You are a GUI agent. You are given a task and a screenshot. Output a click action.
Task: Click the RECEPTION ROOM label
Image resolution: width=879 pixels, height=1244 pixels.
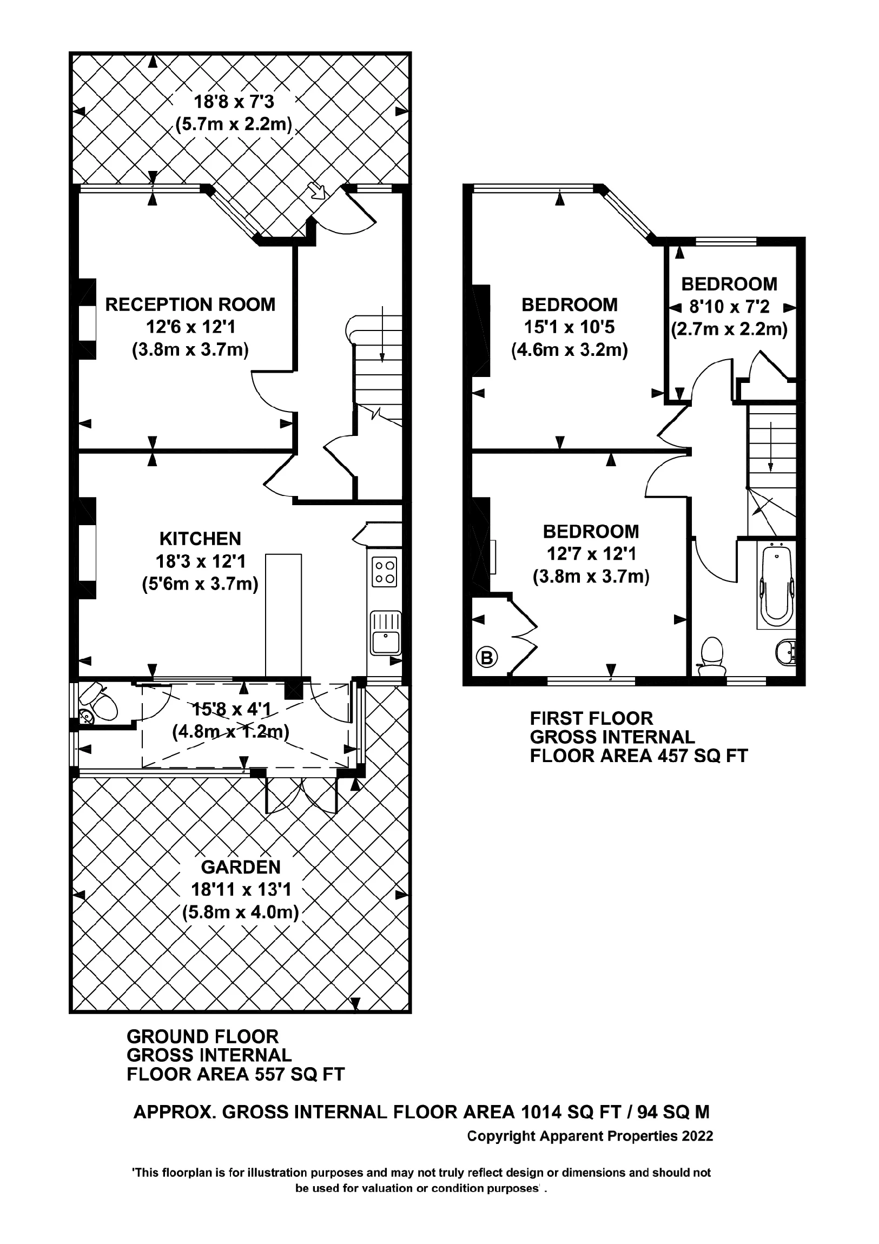190,305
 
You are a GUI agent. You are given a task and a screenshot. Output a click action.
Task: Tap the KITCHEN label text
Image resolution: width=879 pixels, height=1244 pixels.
200,539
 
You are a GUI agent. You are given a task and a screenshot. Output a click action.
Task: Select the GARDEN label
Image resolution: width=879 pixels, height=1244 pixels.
241,868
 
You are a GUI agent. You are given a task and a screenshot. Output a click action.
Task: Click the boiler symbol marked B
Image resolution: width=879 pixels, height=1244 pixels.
487,658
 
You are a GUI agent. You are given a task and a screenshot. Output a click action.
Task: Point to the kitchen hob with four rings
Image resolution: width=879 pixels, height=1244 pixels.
384,572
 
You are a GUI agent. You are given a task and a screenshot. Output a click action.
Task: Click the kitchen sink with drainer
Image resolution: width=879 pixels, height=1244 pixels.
385,633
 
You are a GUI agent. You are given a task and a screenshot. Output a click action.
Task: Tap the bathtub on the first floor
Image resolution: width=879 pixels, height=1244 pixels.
777,587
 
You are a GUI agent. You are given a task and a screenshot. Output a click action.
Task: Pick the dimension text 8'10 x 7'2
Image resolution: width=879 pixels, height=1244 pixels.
729,307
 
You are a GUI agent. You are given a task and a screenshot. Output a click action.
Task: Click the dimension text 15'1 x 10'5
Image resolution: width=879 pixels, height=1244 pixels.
569,327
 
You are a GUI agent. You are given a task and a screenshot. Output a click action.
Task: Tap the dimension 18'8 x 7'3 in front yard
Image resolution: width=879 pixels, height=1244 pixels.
234,101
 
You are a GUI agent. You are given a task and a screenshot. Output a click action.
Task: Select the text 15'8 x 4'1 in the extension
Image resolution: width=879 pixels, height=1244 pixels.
232,709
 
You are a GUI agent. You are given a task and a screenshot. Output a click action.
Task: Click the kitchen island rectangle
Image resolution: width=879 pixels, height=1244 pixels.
283,614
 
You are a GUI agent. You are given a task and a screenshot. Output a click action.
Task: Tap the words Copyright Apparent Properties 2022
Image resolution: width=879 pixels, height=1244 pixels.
590,1136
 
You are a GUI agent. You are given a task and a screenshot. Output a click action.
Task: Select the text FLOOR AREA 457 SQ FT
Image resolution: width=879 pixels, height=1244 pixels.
638,756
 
